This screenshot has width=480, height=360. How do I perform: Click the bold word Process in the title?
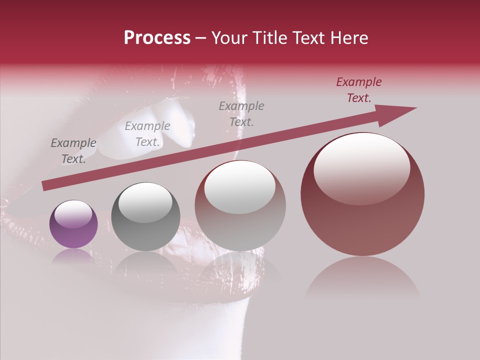click(x=157, y=38)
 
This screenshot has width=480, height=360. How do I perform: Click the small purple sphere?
click(x=73, y=224)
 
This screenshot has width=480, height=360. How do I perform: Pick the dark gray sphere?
click(x=145, y=217)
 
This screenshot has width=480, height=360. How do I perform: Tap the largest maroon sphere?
click(x=362, y=194)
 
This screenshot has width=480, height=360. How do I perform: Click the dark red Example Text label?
click(x=359, y=90)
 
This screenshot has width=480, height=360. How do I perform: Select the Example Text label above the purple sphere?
click(x=73, y=150)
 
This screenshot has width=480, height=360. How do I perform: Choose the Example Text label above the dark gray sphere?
click(x=147, y=133)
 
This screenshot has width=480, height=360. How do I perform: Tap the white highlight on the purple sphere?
click(x=73, y=212)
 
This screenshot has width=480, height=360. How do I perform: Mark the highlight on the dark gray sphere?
click(x=145, y=202)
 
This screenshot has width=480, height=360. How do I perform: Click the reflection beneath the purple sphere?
click(x=73, y=255)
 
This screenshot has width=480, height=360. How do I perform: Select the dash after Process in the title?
click(x=201, y=38)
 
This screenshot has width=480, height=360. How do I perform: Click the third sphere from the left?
click(x=240, y=205)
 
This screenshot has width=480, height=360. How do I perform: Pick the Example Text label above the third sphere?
click(x=241, y=113)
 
